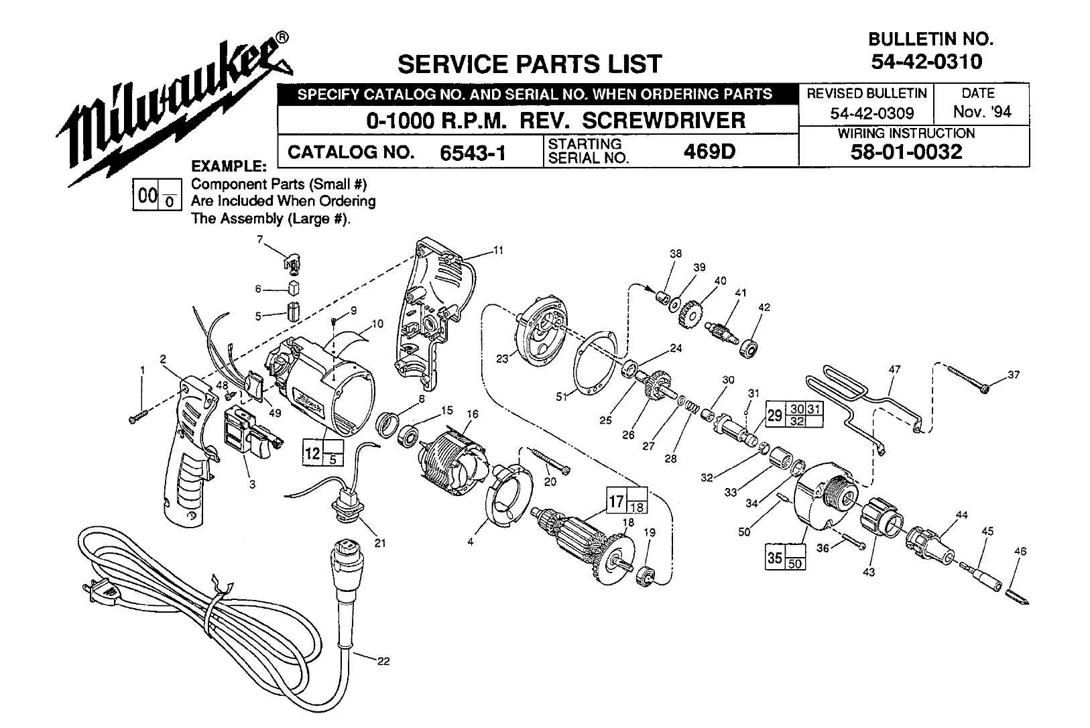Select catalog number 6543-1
pyautogui.click(x=472, y=153)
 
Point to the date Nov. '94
pyautogui.click(x=982, y=111)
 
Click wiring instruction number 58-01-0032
pyautogui.click(x=906, y=151)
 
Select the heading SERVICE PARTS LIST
pyautogui.click(x=530, y=64)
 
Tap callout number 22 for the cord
pyautogui.click(x=383, y=661)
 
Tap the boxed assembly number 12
pyautogui.click(x=313, y=453)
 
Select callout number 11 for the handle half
pyautogui.click(x=497, y=251)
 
